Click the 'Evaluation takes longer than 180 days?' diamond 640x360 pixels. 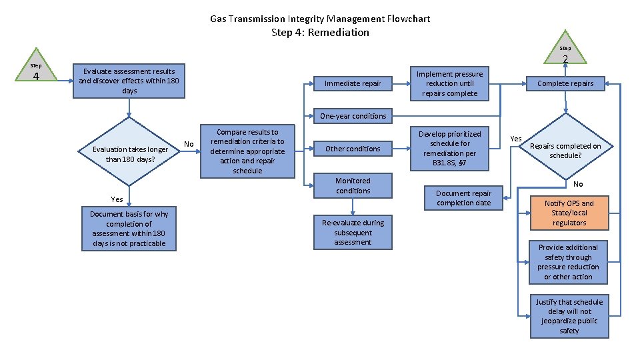130,154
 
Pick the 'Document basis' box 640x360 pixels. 129,229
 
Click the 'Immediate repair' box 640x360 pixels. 353,83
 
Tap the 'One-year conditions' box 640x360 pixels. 353,116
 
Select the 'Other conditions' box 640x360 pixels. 353,149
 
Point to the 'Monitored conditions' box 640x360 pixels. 353,186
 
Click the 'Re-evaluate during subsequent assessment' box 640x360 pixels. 353,232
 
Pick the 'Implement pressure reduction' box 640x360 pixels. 449,83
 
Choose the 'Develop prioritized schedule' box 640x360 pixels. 449,149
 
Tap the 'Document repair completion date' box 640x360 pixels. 463,198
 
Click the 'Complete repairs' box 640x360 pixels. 565,83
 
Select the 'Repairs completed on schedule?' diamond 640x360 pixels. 565,151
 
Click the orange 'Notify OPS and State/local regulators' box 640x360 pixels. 569,213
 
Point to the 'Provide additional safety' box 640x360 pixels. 569,261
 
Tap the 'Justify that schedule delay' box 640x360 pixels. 569,316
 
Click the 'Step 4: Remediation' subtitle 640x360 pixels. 320,32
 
